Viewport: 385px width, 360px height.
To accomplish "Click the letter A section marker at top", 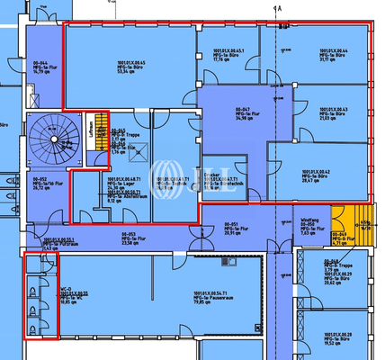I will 280,8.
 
